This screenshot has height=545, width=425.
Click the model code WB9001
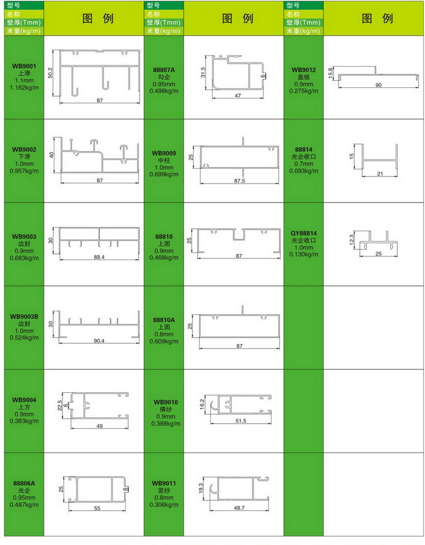(x=24, y=66)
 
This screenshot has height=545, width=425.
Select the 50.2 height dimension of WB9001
(x=50, y=73)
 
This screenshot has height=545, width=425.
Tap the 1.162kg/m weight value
(x=24, y=87)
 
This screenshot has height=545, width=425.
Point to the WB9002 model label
(x=24, y=149)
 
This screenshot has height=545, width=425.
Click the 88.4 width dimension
(x=99, y=257)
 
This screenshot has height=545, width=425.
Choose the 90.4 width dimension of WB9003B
(x=99, y=341)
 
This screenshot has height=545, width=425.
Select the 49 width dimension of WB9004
(x=100, y=426)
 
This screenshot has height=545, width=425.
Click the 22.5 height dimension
(x=60, y=405)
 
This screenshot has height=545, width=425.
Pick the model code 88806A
(x=24, y=483)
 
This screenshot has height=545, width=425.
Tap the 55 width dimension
(x=97, y=508)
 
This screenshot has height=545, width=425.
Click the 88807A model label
(x=164, y=70)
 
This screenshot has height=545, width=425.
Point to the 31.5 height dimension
(x=203, y=72)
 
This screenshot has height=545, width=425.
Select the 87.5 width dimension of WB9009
(x=239, y=181)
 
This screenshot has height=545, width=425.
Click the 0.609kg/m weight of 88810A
(x=164, y=341)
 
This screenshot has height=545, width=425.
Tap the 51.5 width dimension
(x=240, y=421)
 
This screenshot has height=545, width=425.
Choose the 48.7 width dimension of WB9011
(x=239, y=508)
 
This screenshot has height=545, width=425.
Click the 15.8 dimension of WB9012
(x=330, y=73)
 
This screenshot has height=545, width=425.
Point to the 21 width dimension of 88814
(x=380, y=174)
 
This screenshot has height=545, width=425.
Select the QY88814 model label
(x=304, y=233)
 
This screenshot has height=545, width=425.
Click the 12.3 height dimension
(x=352, y=239)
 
